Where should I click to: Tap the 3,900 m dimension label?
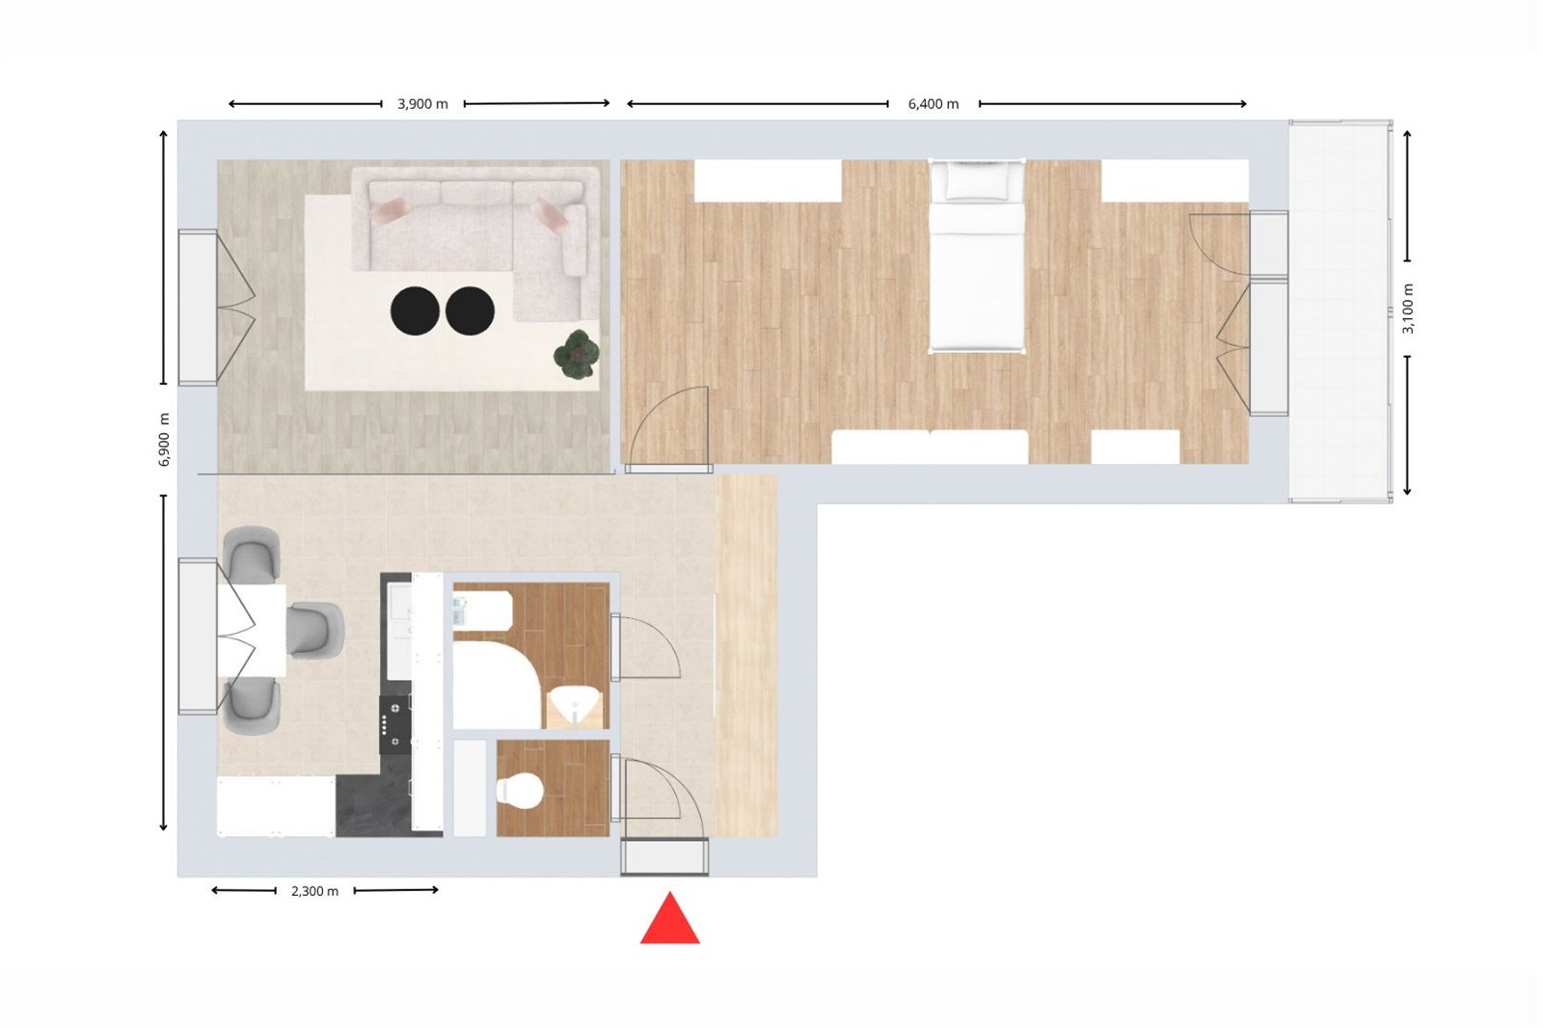(x=422, y=104)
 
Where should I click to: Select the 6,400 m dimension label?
(x=934, y=104)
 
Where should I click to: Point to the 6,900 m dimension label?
(x=164, y=440)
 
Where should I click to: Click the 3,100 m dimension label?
(x=1408, y=309)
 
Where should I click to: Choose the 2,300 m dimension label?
(x=314, y=891)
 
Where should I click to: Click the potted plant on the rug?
(x=577, y=354)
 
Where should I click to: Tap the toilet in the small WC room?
(x=519, y=791)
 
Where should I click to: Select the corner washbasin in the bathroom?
(x=576, y=707)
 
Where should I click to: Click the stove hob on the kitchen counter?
(x=395, y=724)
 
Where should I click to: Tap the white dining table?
(x=252, y=631)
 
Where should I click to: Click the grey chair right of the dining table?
(x=315, y=630)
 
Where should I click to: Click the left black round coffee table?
(x=415, y=311)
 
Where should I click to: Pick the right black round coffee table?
(x=470, y=311)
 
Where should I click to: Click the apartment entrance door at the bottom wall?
(x=664, y=856)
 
